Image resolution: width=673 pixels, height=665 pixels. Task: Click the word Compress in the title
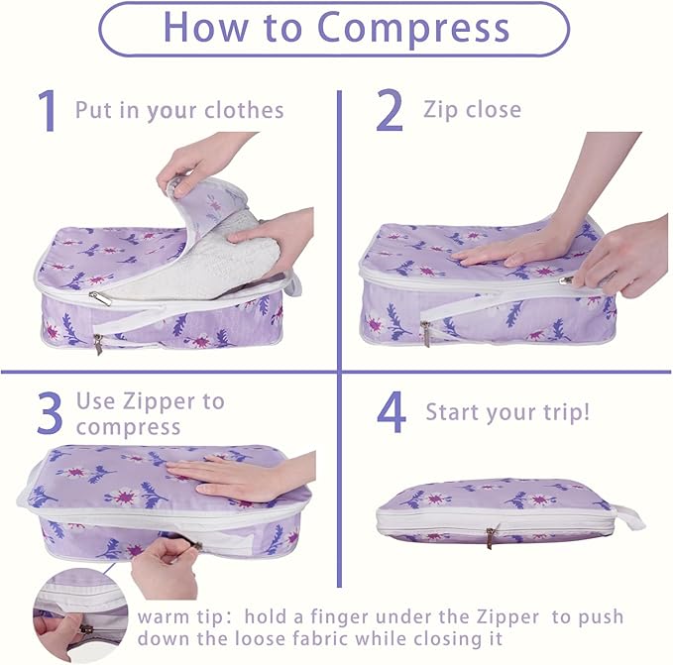[413, 28]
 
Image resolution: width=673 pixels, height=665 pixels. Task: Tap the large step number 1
[48, 110]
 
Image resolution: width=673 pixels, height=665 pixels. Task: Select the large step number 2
[390, 110]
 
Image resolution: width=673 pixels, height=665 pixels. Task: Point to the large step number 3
[50, 412]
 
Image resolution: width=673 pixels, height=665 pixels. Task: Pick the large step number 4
[391, 412]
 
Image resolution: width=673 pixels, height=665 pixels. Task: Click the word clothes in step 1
[244, 110]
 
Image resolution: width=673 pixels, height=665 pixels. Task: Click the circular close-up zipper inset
[80, 614]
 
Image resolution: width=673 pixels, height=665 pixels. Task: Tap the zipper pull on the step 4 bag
[491, 535]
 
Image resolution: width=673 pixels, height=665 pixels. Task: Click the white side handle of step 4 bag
[627, 516]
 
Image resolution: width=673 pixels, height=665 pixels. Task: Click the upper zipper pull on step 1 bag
[100, 298]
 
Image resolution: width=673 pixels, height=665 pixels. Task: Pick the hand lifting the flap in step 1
[202, 161]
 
